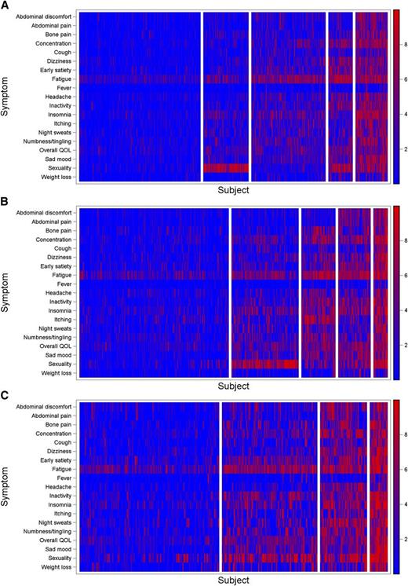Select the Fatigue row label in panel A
62,79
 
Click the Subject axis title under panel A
234,191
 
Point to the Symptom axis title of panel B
8,291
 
